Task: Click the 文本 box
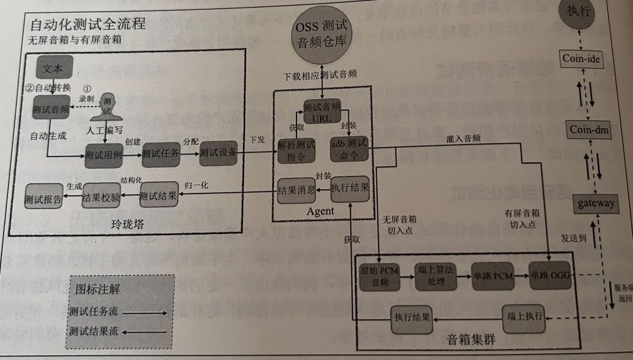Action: pos(55,68)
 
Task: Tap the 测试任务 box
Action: pos(160,155)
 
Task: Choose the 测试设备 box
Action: pos(217,153)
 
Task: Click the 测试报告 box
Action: pos(43,199)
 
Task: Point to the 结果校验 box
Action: pos(101,198)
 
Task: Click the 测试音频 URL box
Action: pos(322,111)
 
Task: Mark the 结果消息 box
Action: pos(297,191)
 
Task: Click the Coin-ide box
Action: pos(581,58)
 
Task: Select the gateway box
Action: pos(595,203)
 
